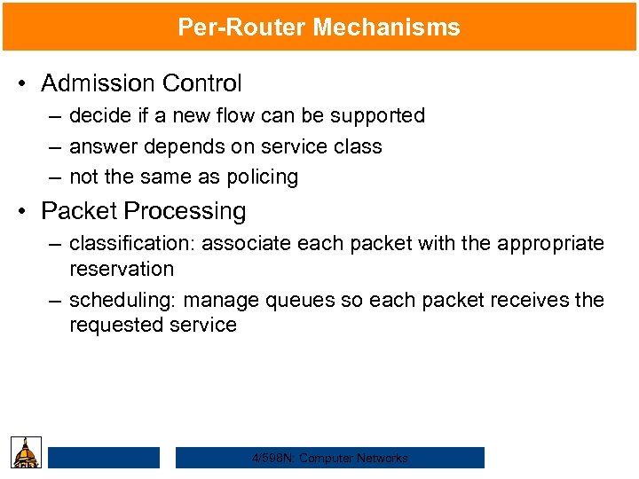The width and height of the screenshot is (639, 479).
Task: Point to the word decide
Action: (98, 115)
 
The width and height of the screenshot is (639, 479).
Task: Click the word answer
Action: (100, 146)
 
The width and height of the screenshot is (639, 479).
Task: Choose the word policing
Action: (260, 177)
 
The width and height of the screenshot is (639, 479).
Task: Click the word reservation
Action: (122, 268)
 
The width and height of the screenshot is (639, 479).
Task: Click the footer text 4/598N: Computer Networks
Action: (330, 458)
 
